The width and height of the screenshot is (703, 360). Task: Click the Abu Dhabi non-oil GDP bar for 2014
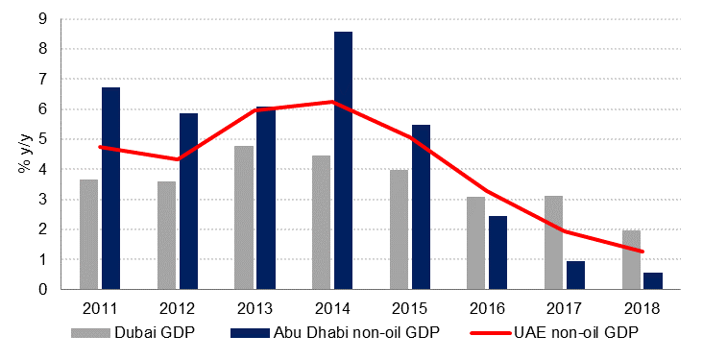[x=343, y=160]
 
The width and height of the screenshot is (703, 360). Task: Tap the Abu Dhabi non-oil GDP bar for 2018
[x=653, y=280]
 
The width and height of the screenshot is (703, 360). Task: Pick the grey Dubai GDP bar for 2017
[x=553, y=242]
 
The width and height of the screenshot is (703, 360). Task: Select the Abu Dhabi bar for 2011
[x=110, y=188]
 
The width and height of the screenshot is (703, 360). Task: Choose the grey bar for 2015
[x=399, y=229]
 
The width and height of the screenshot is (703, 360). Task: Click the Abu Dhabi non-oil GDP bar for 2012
[x=188, y=201]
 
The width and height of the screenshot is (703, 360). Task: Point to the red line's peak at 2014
[x=332, y=102]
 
